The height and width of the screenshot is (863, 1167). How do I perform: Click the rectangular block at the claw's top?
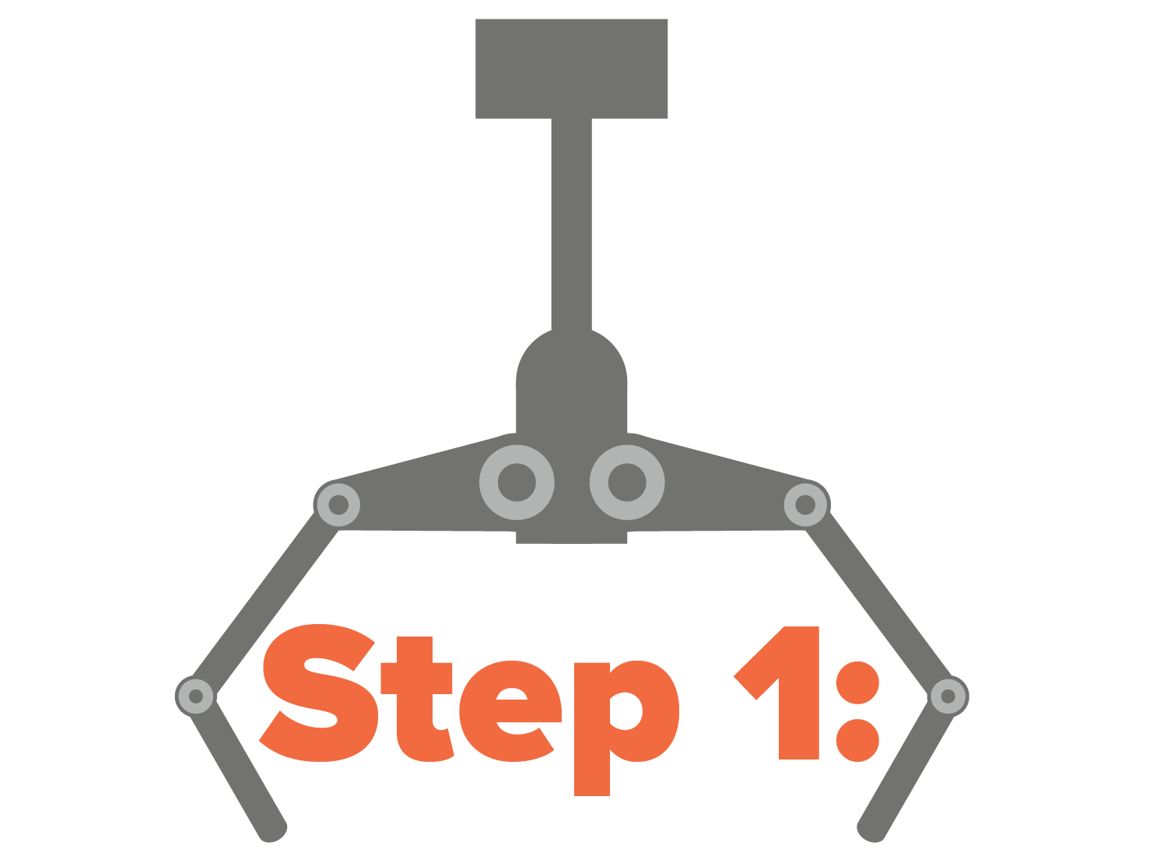571,68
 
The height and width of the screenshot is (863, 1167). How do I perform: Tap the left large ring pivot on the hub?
517,482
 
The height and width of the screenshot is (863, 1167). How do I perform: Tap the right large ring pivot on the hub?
627,482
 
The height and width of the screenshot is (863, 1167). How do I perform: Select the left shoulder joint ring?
338,505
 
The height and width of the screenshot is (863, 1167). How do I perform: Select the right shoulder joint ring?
805,505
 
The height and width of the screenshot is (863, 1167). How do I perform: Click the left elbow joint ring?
195,696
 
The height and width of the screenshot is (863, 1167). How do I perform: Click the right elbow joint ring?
948,696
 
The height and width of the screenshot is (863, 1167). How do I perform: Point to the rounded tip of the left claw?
272,831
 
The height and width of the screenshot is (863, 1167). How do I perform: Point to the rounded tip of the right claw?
871,831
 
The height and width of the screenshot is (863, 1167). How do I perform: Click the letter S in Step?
319,693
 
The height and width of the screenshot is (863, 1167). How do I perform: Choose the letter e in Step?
510,710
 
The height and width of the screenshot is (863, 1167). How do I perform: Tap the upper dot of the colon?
858,682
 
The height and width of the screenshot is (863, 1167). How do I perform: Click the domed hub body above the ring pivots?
571,381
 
